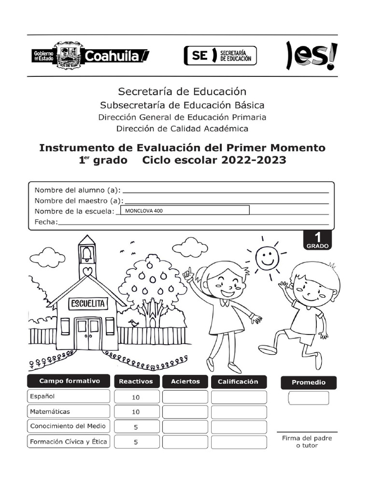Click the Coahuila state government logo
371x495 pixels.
point(90,56)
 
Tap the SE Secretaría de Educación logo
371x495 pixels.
point(220,56)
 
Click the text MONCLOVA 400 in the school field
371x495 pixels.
point(144,211)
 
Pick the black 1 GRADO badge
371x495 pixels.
point(317,240)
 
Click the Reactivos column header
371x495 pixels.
point(136,381)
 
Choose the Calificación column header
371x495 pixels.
point(238,381)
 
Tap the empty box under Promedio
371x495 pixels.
point(309,398)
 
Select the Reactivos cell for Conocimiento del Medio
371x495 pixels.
point(136,427)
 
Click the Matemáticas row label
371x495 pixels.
point(50,412)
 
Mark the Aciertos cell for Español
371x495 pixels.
point(185,397)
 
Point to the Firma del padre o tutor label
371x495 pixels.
point(307,441)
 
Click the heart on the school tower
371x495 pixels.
point(87,271)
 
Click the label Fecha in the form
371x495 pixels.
point(46,222)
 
